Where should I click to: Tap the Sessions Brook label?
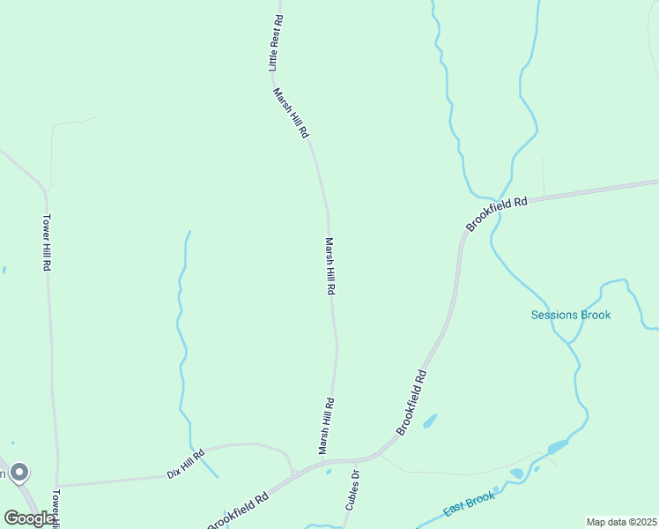(x=570, y=315)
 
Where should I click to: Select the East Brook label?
(x=470, y=508)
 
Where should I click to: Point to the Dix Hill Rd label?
(x=185, y=465)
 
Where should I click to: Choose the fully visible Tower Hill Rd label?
(x=47, y=242)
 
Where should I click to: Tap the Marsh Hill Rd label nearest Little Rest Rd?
(x=290, y=113)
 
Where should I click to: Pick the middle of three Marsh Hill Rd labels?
(x=330, y=265)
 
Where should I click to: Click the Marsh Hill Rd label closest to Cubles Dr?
(x=327, y=427)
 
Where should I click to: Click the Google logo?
(x=28, y=518)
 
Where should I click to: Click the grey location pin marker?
(x=19, y=473)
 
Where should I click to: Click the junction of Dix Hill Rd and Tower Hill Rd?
(x=58, y=485)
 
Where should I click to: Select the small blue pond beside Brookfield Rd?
(x=430, y=421)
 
